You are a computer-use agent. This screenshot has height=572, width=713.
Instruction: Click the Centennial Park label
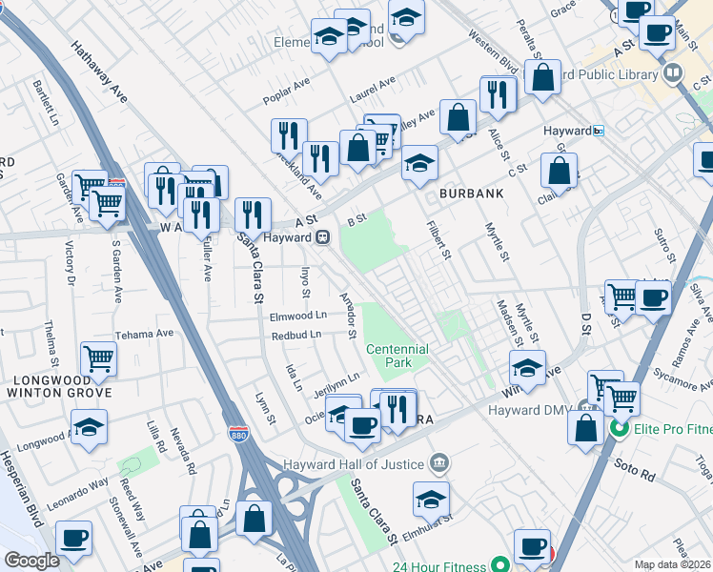tap(397, 356)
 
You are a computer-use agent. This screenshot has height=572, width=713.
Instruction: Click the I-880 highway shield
tap(238, 434)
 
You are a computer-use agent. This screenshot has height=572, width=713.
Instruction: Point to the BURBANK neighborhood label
tap(471, 194)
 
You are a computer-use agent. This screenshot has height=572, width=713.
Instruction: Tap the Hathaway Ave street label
tap(99, 70)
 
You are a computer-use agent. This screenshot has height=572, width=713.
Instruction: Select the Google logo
tap(31, 561)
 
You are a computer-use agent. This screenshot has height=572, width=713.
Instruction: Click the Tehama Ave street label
tap(144, 335)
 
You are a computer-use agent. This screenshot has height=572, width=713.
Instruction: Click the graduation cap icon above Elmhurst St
tap(431, 499)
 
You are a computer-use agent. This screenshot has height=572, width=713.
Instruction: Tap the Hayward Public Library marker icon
tap(673, 73)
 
